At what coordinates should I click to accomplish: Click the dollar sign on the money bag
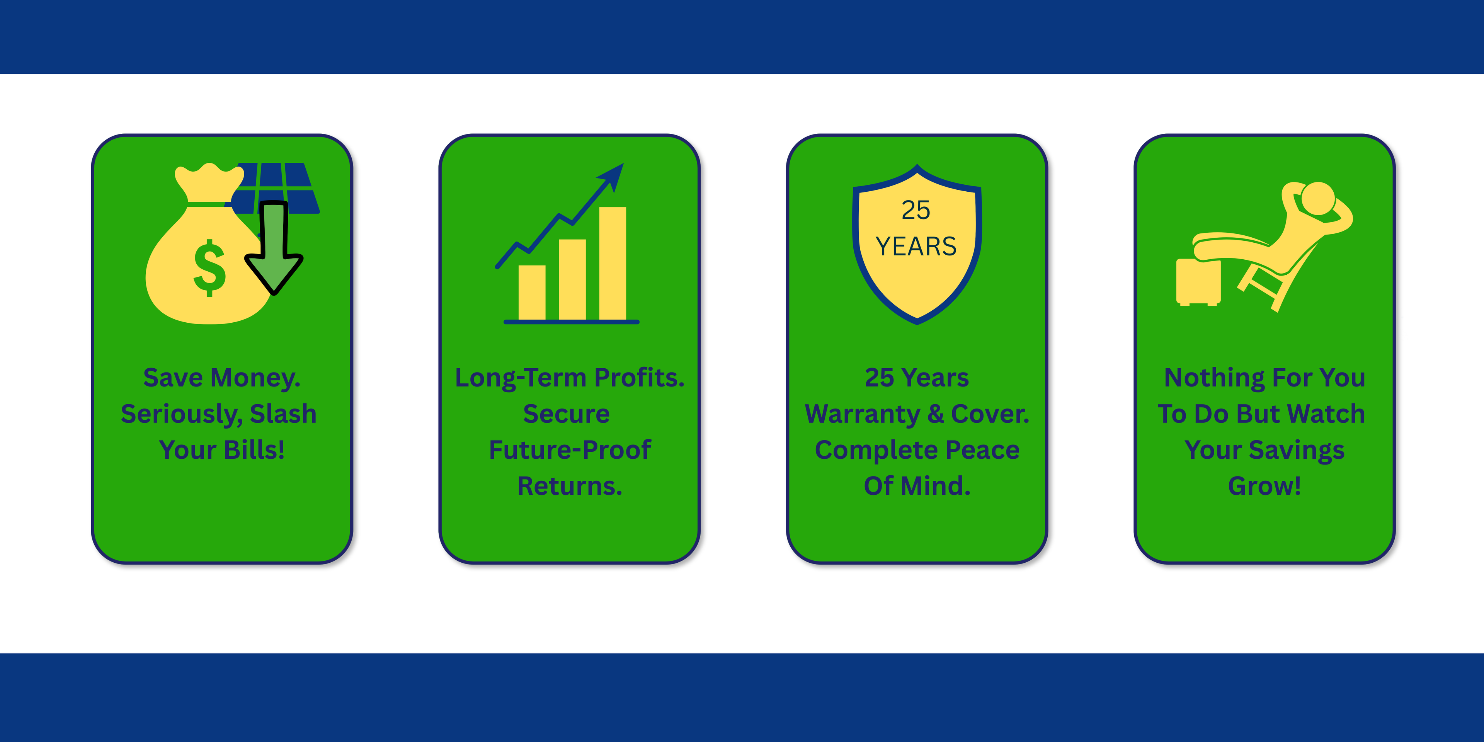(209, 268)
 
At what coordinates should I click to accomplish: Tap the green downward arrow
(274, 248)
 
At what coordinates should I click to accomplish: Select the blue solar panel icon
(277, 188)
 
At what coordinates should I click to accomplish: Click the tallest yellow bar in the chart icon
(613, 263)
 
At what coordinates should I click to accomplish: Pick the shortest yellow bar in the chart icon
(532, 293)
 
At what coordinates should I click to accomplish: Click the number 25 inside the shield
(916, 210)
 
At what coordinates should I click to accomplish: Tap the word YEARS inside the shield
(916, 247)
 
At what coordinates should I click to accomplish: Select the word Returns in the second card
(570, 486)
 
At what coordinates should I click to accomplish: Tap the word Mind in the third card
(936, 486)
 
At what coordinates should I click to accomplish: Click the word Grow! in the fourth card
(1264, 486)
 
